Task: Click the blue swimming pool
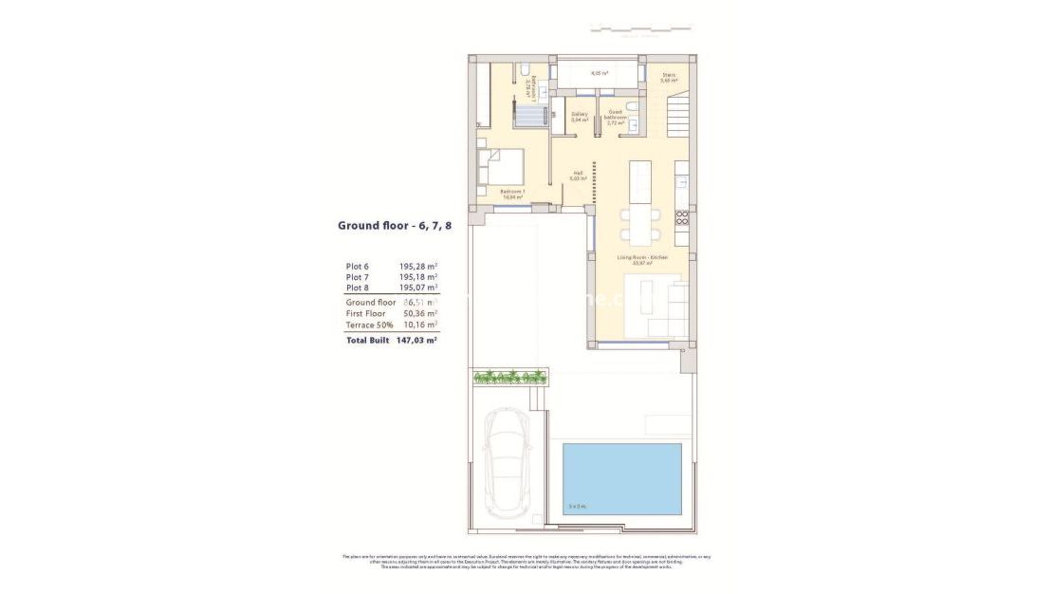click(x=622, y=478)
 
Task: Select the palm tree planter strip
click(x=510, y=377)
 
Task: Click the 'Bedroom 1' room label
click(x=512, y=195)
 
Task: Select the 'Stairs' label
click(x=669, y=78)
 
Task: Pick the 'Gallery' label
click(x=579, y=117)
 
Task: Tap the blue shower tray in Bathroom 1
click(x=531, y=116)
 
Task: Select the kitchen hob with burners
click(x=681, y=217)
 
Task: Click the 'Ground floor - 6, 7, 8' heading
click(x=388, y=226)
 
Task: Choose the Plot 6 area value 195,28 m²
click(x=418, y=267)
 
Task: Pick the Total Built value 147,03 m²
click(x=416, y=339)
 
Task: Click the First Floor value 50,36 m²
click(x=418, y=313)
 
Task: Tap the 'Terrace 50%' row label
click(x=370, y=325)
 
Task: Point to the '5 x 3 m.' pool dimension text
click(x=576, y=505)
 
